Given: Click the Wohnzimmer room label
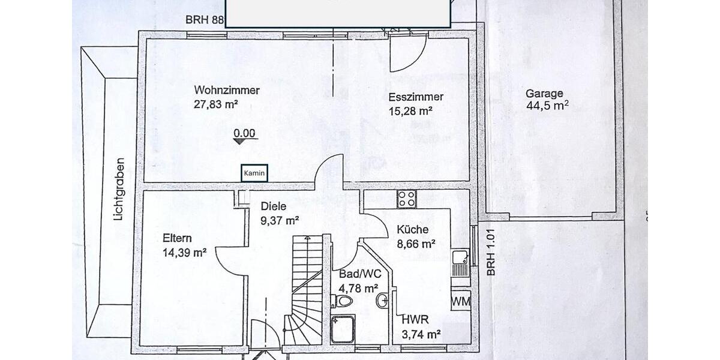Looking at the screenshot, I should (x=227, y=91).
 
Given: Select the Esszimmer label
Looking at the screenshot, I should (x=416, y=97).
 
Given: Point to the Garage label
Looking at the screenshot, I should (x=544, y=94).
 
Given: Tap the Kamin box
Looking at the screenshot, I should (x=254, y=173).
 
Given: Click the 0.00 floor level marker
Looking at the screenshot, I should (x=245, y=134).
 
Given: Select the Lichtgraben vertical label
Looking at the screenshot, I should (x=119, y=189).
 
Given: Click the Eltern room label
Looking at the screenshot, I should (x=178, y=238).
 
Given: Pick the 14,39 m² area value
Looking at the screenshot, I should (x=184, y=253).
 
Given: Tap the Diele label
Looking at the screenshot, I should (x=273, y=206).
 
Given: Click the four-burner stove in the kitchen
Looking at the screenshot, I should (x=406, y=199).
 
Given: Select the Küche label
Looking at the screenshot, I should (x=412, y=230).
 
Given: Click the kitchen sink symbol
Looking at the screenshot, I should (x=461, y=259).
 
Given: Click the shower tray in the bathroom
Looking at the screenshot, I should (x=343, y=329).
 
